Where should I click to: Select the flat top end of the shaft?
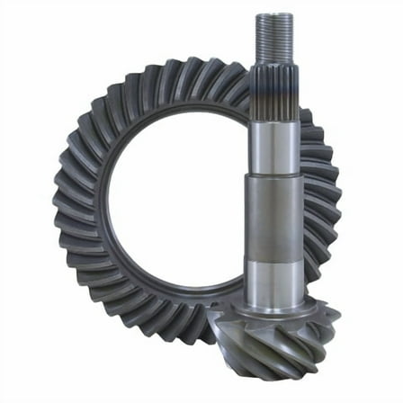[275, 15]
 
